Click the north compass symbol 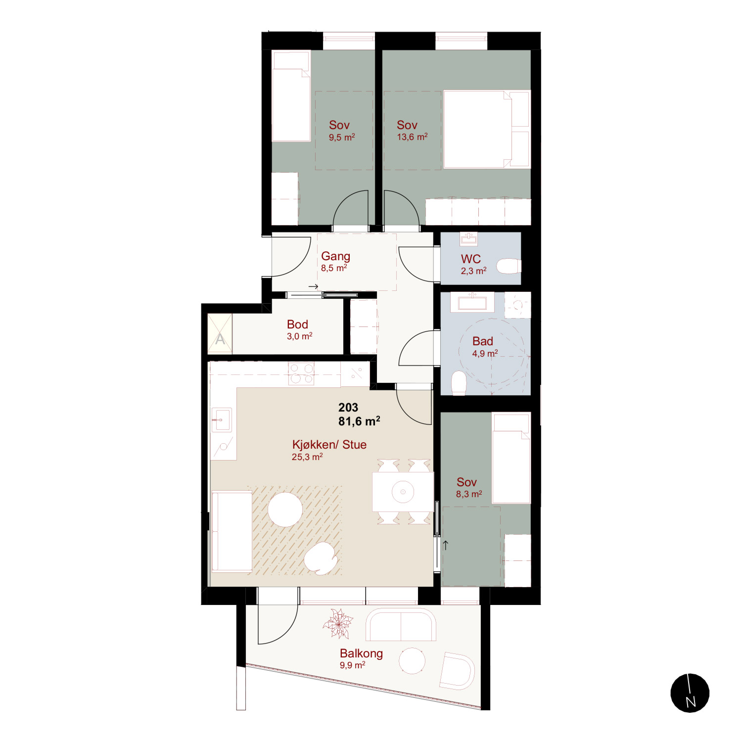tap(690, 693)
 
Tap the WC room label tap(471, 259)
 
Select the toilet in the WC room tap(509, 266)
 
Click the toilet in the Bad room tap(459, 383)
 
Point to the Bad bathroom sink tap(472, 302)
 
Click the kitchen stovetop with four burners tap(301, 374)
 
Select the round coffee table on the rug tap(285, 510)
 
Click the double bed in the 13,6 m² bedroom tap(487, 129)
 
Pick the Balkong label tap(361, 653)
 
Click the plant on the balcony tap(338, 623)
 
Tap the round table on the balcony tap(412, 660)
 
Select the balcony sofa tap(401, 625)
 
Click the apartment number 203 tap(348, 407)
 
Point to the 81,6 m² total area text tap(359, 421)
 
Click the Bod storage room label tap(297, 324)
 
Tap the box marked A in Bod tap(220, 334)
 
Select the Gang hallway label tap(335, 256)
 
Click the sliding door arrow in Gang tap(314, 286)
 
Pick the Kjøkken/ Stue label tap(329, 444)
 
